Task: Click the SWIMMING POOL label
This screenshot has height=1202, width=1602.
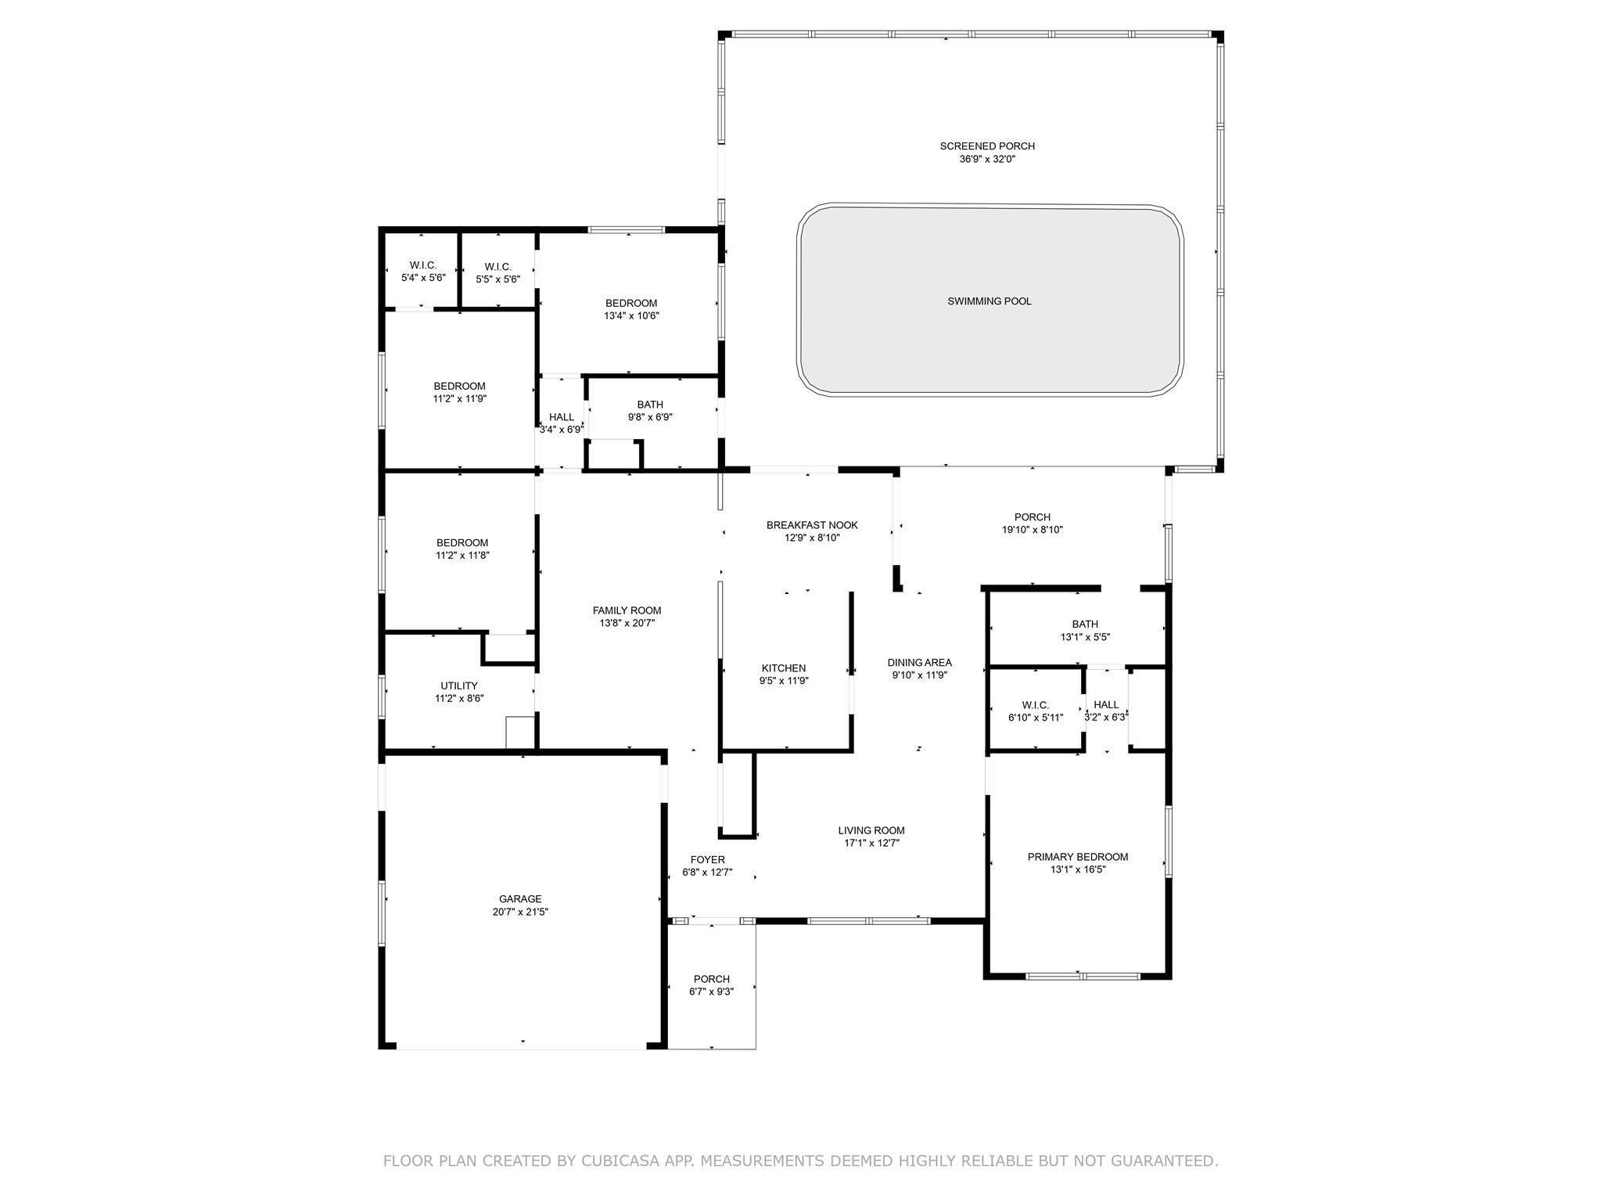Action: (x=989, y=301)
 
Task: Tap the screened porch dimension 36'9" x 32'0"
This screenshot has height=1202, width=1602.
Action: (x=987, y=159)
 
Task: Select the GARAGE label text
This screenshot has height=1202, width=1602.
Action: (x=520, y=899)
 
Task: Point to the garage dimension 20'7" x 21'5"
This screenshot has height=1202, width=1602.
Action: (x=520, y=912)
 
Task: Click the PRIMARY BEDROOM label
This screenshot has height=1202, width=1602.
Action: (x=1078, y=857)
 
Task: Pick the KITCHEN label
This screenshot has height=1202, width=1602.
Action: (x=784, y=668)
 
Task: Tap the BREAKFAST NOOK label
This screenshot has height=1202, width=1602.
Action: (x=812, y=525)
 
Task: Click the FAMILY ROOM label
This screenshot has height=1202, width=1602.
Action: (x=627, y=610)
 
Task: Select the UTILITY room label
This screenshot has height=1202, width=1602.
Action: (x=459, y=686)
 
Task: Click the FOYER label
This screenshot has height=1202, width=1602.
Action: (x=707, y=860)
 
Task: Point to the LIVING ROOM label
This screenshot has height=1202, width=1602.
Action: (x=871, y=830)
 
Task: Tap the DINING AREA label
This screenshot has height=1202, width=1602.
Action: (x=919, y=663)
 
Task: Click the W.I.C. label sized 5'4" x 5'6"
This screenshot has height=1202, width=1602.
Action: (x=422, y=265)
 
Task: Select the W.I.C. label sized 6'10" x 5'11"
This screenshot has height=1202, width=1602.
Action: (x=1036, y=705)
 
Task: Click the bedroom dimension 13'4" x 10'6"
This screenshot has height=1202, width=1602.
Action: (x=631, y=316)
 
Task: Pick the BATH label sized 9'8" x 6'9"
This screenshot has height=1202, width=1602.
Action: (x=650, y=405)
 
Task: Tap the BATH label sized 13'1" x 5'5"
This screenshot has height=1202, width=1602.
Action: (x=1085, y=624)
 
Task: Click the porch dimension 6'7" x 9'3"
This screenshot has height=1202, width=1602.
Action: (x=712, y=991)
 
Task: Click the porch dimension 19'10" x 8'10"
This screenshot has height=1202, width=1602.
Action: (x=1033, y=530)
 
